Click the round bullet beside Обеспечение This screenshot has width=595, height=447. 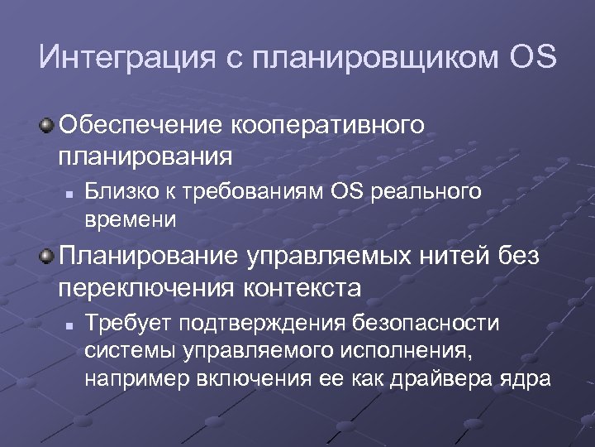[x=48, y=125]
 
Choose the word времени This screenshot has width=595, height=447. [x=131, y=219]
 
